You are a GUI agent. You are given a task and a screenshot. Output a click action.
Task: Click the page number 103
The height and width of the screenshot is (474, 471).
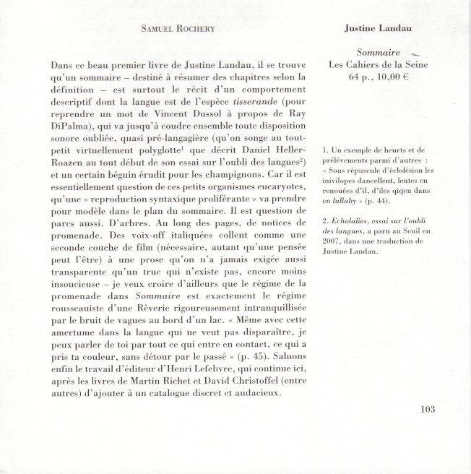point(427,409)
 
